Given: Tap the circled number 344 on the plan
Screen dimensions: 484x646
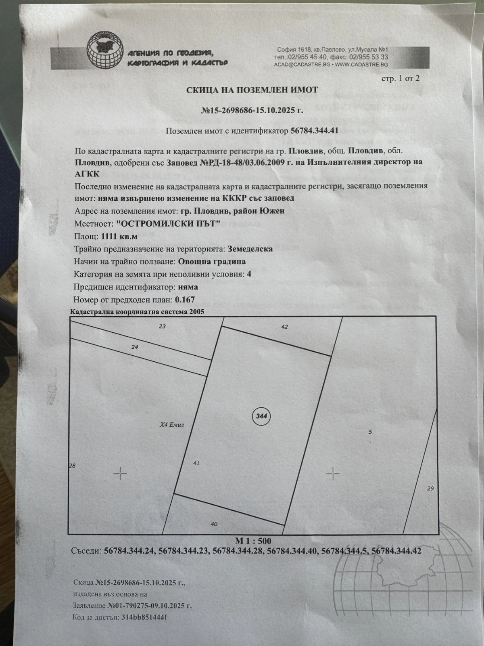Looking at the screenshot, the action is click(x=261, y=416).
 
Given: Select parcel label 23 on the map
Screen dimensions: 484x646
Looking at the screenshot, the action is click(x=162, y=326).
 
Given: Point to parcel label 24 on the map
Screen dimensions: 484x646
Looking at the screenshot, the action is click(x=135, y=347).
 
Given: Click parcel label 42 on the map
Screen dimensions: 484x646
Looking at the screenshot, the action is click(x=284, y=326).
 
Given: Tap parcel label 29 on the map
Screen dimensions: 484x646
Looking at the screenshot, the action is click(x=430, y=489).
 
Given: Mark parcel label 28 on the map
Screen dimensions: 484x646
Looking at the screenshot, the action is click(x=72, y=466).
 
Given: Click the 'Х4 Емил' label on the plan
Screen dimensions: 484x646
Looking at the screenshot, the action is click(x=172, y=424).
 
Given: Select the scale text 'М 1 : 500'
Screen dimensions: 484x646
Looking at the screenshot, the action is click(x=253, y=541).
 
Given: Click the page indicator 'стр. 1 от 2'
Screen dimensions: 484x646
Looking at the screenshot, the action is click(x=401, y=78).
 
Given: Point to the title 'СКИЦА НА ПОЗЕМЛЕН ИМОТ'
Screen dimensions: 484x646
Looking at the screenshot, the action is click(x=252, y=90).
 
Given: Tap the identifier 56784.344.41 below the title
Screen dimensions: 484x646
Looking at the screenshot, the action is click(x=315, y=130).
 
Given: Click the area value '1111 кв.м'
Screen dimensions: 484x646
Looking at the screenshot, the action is click(x=119, y=236).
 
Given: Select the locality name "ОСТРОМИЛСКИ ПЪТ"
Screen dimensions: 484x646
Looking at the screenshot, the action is click(x=168, y=223).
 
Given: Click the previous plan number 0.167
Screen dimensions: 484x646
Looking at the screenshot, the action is click(x=185, y=300).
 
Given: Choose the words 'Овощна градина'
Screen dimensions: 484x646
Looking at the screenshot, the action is click(x=212, y=261).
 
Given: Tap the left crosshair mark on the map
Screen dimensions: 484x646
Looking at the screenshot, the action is click(x=120, y=474).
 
